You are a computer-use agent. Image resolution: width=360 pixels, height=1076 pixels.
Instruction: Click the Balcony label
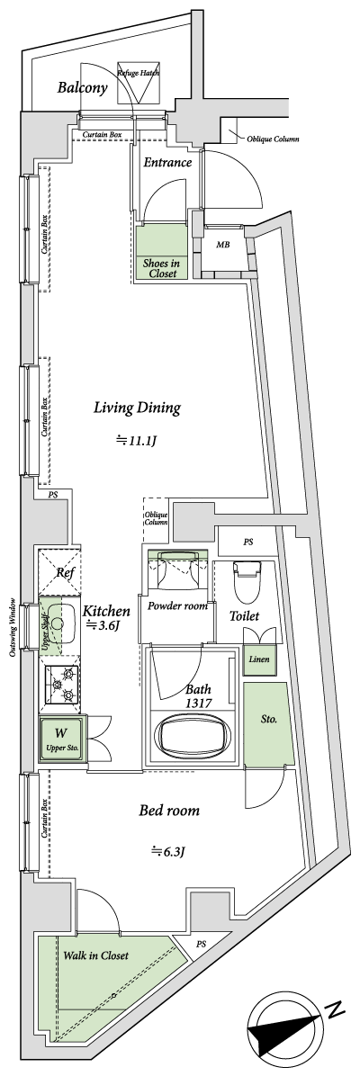click(83, 88)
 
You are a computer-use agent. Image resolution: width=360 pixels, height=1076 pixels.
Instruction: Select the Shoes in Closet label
click(161, 268)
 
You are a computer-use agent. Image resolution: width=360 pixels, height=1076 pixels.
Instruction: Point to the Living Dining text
click(138, 408)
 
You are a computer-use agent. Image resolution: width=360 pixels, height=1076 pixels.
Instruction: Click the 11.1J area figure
click(136, 440)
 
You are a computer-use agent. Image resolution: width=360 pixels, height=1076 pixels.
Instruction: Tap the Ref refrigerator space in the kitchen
click(64, 572)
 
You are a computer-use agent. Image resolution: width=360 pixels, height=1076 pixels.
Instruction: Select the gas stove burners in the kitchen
click(64, 683)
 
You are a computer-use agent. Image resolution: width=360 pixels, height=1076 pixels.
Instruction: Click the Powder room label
click(177, 606)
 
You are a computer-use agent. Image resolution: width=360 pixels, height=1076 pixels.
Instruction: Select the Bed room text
click(169, 811)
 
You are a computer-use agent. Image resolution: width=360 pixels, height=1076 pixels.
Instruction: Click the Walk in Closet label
click(95, 955)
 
